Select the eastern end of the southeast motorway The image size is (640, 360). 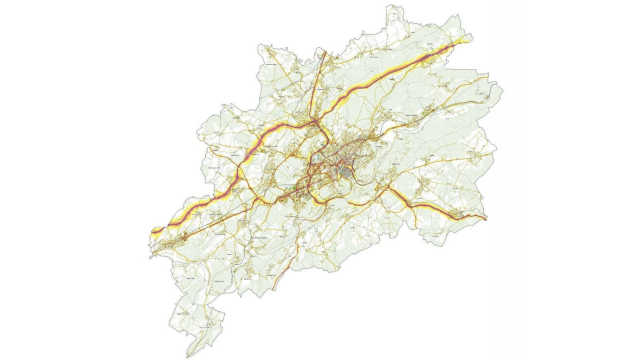[486, 218]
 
